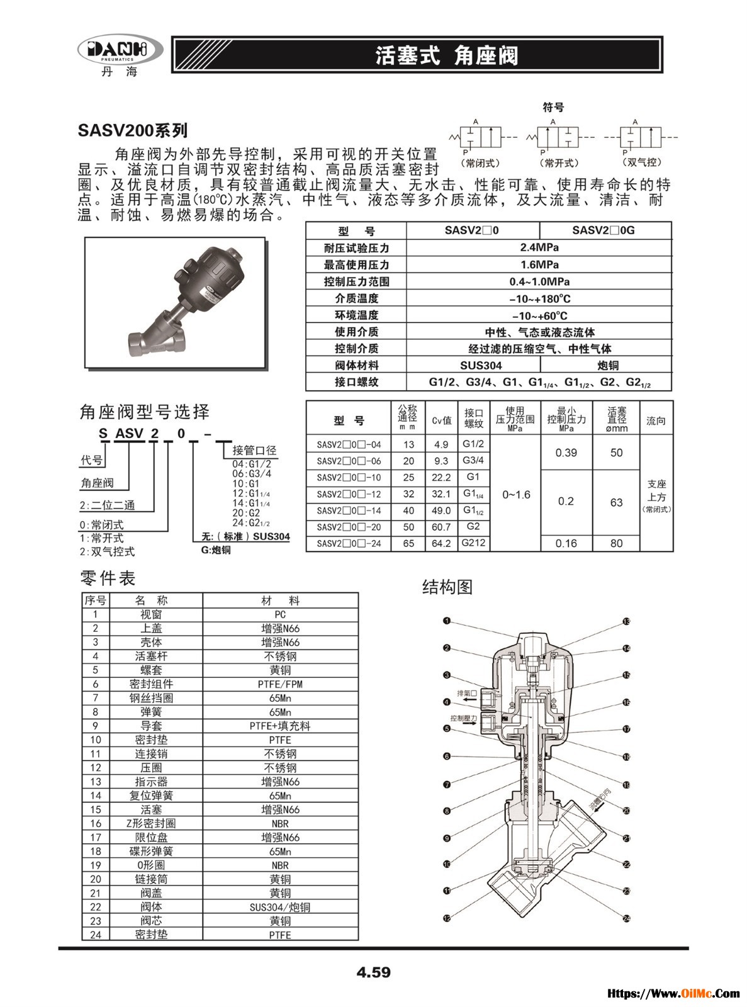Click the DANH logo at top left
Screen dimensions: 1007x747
(x=120, y=50)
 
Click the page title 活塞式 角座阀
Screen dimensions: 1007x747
(x=447, y=55)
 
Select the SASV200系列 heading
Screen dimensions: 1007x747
(x=133, y=131)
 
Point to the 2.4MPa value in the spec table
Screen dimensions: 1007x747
(x=539, y=248)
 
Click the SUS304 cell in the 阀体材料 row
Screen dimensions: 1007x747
(x=473, y=366)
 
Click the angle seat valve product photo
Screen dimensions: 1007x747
(x=175, y=302)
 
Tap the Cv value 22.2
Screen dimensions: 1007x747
(x=441, y=478)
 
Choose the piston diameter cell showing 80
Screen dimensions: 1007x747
(x=616, y=544)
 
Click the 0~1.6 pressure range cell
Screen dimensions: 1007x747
(x=516, y=495)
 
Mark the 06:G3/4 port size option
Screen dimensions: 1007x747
(x=252, y=473)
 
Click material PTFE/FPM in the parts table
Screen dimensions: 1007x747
(x=280, y=684)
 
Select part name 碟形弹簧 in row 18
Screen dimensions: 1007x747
(x=151, y=852)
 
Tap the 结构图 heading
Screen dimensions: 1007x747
(x=447, y=587)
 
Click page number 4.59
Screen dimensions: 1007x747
(x=373, y=972)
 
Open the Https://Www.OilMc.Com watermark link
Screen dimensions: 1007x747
(x=673, y=994)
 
